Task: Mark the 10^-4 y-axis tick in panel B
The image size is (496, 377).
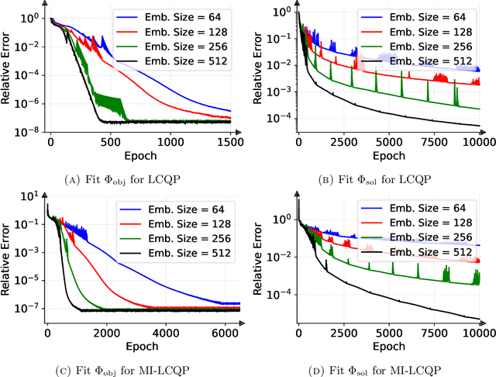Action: [x=276, y=117]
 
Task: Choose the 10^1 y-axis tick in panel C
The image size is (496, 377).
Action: [x=29, y=195]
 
